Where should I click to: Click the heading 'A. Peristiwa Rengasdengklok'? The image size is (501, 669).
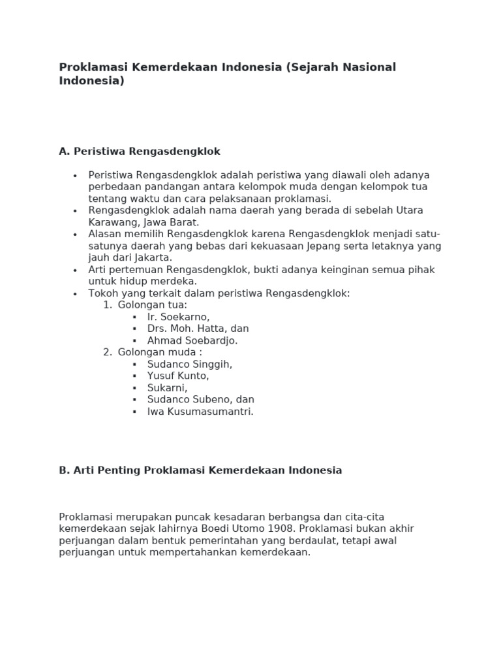click(140, 152)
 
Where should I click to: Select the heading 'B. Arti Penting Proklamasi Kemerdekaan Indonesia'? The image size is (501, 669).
click(200, 470)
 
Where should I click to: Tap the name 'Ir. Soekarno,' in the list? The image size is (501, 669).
click(178, 317)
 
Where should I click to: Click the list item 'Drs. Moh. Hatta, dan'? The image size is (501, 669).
click(198, 329)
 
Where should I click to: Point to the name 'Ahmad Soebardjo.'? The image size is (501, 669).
click(192, 340)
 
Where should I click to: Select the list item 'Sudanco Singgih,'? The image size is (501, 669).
click(189, 365)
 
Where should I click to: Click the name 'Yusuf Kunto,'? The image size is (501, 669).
click(178, 376)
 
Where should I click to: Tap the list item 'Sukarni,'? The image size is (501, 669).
click(167, 388)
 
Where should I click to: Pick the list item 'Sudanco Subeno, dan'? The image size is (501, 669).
click(200, 400)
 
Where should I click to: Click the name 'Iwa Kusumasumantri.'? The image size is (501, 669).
click(200, 412)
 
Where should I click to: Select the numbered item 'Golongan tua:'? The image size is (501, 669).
click(152, 305)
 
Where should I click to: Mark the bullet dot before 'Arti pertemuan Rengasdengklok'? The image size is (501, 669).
click(75, 270)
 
